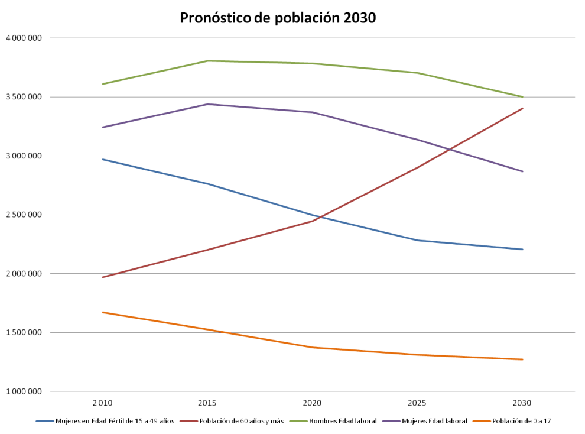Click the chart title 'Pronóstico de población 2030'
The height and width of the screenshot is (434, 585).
[x=278, y=18]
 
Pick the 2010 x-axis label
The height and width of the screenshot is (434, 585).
[x=102, y=402]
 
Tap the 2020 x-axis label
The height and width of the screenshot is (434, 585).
[x=313, y=402]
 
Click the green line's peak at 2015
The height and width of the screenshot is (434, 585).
[x=207, y=61]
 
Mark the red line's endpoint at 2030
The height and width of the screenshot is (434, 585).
[x=523, y=108]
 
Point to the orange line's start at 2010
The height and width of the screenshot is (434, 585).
[x=102, y=312]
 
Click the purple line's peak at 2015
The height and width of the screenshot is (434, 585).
[x=207, y=104]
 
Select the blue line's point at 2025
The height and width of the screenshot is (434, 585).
[x=418, y=241]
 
